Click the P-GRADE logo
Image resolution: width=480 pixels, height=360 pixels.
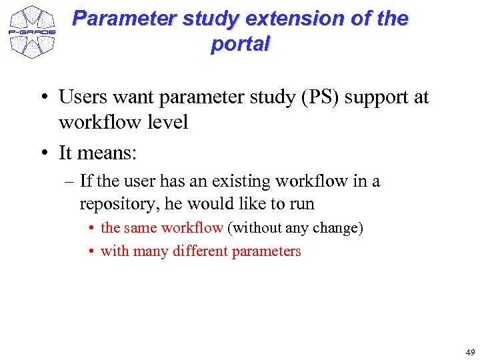coord(32,31)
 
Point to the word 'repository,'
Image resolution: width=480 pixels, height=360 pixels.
coord(119,203)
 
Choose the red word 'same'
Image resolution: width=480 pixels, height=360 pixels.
coord(139,228)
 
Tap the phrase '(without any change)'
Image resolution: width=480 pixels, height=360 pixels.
coord(295,228)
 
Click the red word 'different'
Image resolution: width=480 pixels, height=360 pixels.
coord(201,251)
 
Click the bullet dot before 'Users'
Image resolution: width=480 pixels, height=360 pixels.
coord(43,98)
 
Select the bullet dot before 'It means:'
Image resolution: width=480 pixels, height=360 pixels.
coord(43,154)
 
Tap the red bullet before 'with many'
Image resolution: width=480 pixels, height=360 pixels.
coord(90,252)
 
